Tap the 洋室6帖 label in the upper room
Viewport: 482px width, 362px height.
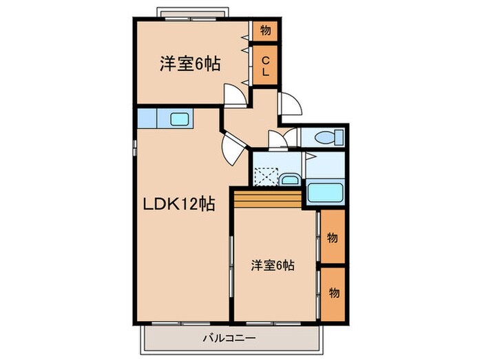click(x=190, y=66)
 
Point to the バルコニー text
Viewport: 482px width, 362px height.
click(x=229, y=338)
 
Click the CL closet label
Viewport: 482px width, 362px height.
click(x=265, y=66)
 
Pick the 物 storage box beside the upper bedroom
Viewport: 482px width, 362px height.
click(x=265, y=30)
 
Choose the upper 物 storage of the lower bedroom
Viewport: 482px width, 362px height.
click(x=333, y=238)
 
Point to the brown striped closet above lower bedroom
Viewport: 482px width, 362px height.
click(x=268, y=200)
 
